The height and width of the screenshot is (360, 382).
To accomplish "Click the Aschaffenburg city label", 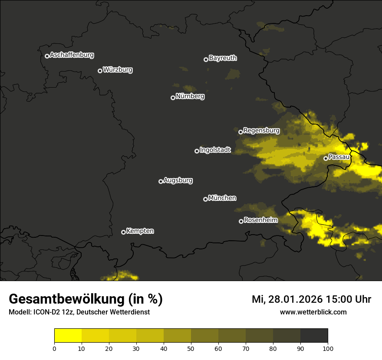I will (x=72, y=55).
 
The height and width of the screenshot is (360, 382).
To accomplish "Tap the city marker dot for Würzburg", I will (x=100, y=71).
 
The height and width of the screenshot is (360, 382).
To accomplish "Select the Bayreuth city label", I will (x=223, y=58).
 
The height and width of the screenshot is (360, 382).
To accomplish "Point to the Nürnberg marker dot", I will (x=173, y=98).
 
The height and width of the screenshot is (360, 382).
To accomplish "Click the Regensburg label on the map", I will (x=261, y=131).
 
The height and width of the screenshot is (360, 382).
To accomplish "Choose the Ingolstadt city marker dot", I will (x=197, y=151).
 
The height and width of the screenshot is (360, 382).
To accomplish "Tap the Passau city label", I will (x=339, y=157).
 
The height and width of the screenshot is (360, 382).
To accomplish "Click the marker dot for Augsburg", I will (x=161, y=181).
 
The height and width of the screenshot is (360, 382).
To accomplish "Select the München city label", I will (x=222, y=198).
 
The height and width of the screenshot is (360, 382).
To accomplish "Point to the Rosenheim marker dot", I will (x=241, y=221).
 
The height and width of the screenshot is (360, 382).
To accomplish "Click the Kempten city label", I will (x=140, y=231).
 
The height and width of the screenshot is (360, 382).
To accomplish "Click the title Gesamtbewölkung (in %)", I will (x=86, y=299).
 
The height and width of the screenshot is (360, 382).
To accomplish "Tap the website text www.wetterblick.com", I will (x=313, y=312).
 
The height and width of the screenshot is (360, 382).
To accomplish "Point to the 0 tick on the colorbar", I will (x=54, y=348).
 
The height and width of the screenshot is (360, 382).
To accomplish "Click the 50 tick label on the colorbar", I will (x=191, y=348).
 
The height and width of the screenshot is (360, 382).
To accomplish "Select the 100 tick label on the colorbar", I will (x=328, y=348).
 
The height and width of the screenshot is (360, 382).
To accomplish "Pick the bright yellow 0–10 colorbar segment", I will (x=68, y=336).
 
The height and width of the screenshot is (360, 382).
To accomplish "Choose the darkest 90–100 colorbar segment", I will (x=314, y=336).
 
